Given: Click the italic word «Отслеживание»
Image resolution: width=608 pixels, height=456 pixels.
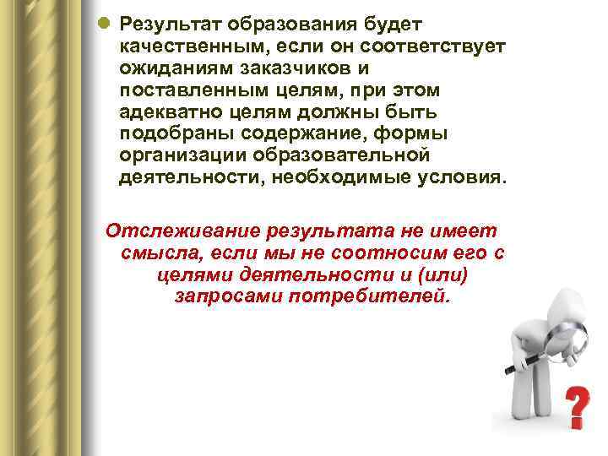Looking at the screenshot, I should tap(180, 231).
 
